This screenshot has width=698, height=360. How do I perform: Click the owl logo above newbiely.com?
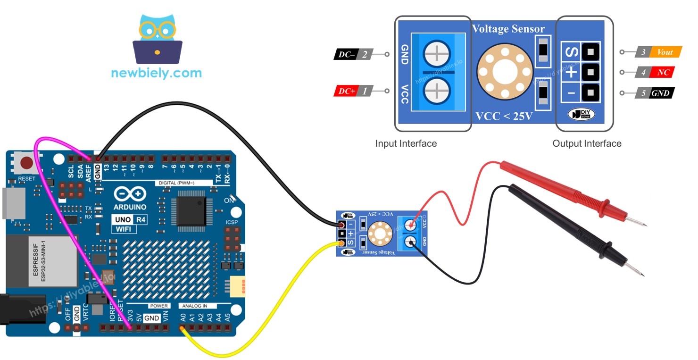click(x=157, y=40)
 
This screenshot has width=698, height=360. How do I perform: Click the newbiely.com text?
click(x=156, y=73)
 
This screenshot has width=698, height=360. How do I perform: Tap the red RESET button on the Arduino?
click(x=27, y=164)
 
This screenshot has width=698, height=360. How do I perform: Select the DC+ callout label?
click(x=351, y=91)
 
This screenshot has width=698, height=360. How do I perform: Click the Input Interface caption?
click(x=406, y=143)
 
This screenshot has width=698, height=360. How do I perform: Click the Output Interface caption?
click(x=587, y=143)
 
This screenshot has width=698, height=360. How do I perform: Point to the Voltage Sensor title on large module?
click(x=508, y=29)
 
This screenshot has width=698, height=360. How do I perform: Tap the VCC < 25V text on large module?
click(x=504, y=116)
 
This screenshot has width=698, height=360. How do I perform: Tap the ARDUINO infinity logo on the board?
click(x=130, y=194)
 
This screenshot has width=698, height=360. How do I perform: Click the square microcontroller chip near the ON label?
click(x=188, y=208)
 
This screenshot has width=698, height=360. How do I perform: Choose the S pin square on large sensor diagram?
click(x=590, y=50)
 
